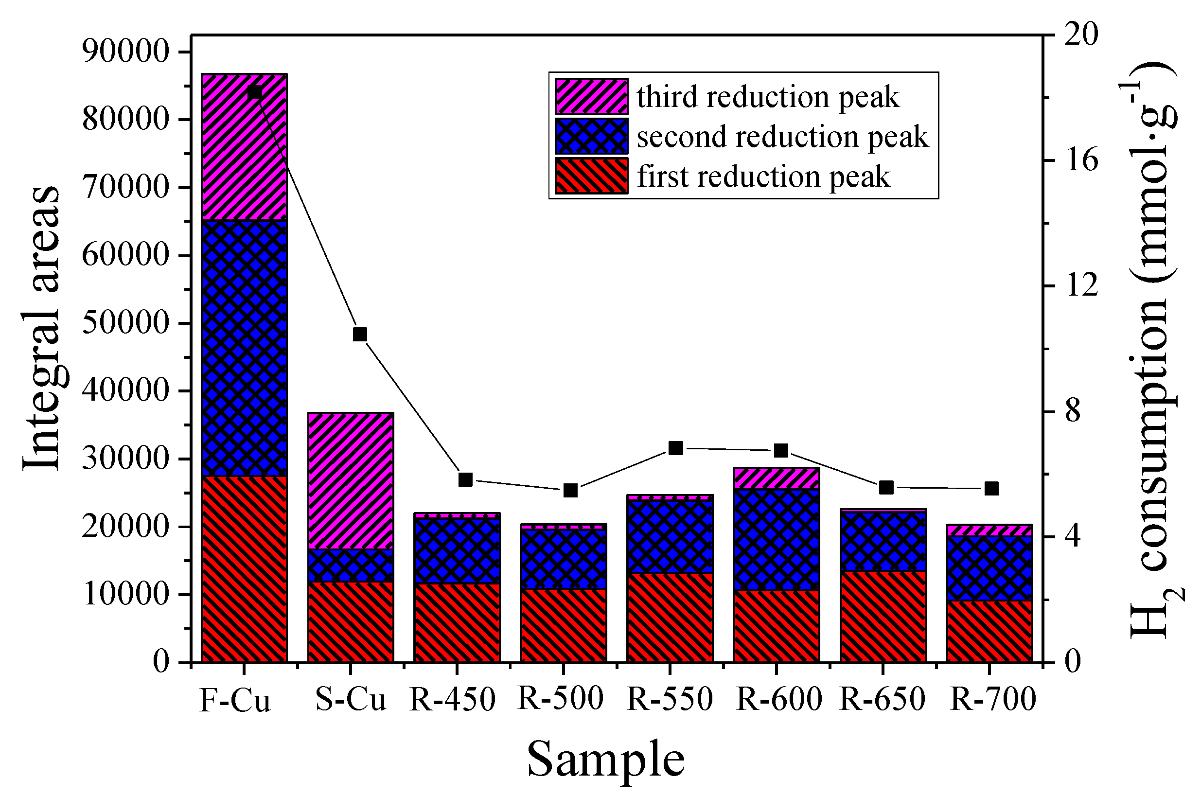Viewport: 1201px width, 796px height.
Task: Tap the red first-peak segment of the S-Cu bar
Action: tap(351, 622)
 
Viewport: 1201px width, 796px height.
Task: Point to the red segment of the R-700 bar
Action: tap(989, 632)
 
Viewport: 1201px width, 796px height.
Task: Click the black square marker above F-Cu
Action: tap(255, 93)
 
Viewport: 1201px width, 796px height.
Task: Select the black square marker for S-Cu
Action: tap(360, 335)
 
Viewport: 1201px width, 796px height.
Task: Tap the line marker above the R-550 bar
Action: tap(676, 448)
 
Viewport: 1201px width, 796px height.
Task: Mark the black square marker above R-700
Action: tap(991, 488)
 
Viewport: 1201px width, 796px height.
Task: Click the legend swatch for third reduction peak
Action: tap(591, 96)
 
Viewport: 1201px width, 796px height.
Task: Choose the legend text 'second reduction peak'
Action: tap(782, 137)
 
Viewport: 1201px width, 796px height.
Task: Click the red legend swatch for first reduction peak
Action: tap(591, 176)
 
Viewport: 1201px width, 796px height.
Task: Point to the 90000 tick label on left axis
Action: tap(125, 51)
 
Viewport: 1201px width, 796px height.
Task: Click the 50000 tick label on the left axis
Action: tap(125, 322)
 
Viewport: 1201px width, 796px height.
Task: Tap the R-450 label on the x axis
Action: tap(452, 699)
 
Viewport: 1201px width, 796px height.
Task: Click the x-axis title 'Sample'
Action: tap(605, 759)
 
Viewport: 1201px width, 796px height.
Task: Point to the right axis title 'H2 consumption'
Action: tap(1152, 350)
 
